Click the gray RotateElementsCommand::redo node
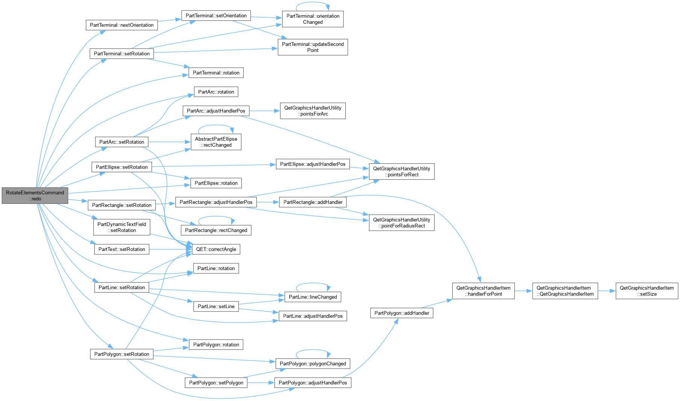pos(35,196)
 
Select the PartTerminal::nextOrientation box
pos(121,25)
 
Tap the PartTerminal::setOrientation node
pos(216,15)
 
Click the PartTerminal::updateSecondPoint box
pos(313,47)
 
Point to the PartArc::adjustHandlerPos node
pos(216,111)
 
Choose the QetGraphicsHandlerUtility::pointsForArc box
pos(313,111)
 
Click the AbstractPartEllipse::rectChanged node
pos(216,142)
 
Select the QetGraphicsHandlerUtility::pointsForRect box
pos(402,172)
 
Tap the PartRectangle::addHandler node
pos(313,202)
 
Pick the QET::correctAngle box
pos(216,249)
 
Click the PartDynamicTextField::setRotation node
pos(121,227)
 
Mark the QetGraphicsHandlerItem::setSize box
pos(647,291)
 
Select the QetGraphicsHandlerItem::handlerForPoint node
pos(483,291)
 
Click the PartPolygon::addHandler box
pos(402,313)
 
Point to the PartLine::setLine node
pos(216,307)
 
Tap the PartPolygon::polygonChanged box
pos(313,364)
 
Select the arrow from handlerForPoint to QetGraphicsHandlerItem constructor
pos(524,291)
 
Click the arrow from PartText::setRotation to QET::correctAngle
pos(171,249)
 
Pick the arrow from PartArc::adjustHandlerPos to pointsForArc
pos(265,111)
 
